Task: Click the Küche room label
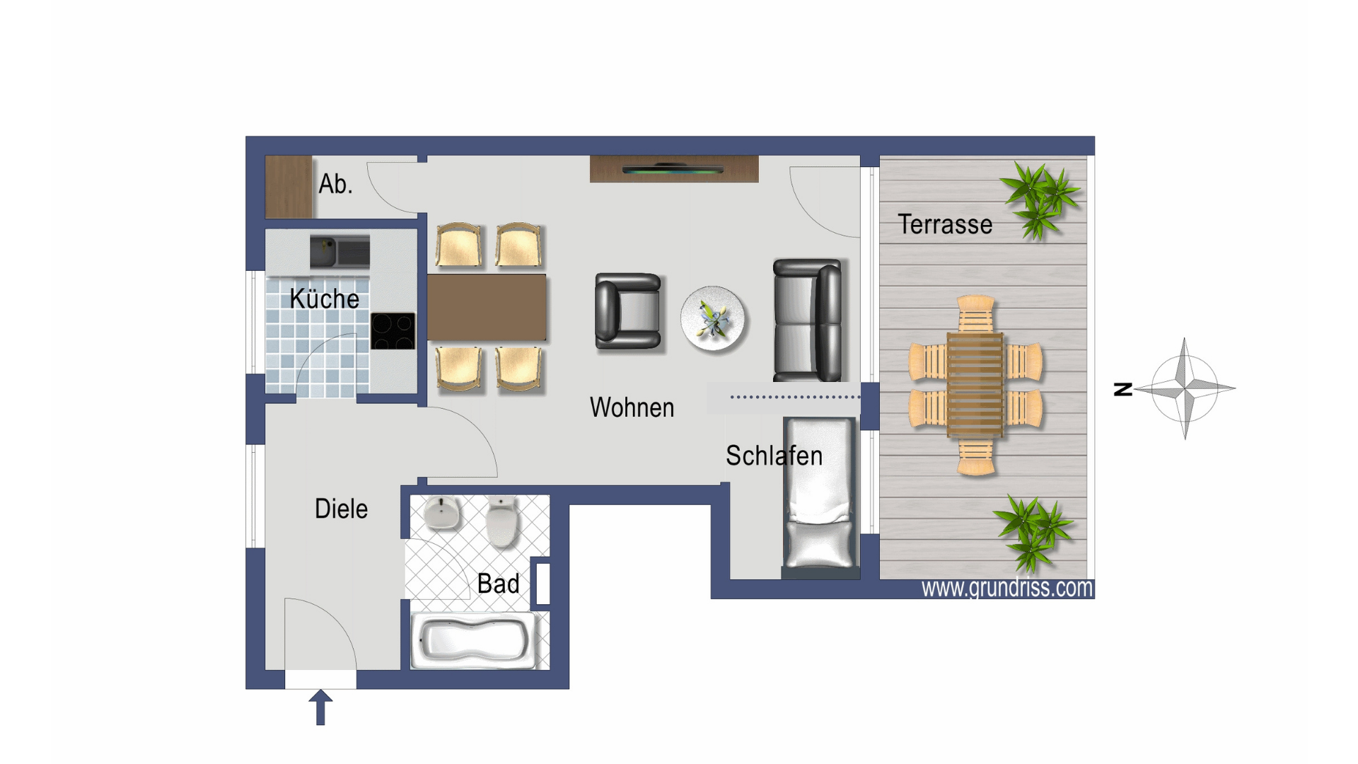click(x=325, y=299)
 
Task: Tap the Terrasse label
click(x=945, y=224)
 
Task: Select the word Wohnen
click(x=632, y=407)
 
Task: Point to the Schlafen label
click(x=774, y=456)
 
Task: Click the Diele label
click(x=341, y=509)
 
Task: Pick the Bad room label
click(x=498, y=584)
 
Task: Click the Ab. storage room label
click(x=335, y=184)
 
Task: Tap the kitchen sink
click(x=339, y=252)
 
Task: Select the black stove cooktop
click(x=393, y=331)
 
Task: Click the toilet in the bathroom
click(x=502, y=521)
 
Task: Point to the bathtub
click(x=473, y=641)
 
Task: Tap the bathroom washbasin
click(x=442, y=513)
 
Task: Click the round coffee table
click(x=713, y=319)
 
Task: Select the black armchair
click(x=628, y=311)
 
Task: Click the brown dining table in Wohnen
click(x=487, y=308)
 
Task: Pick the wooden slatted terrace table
click(x=975, y=384)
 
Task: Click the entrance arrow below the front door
click(x=320, y=707)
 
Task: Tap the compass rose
click(x=1185, y=388)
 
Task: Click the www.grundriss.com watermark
click(x=1007, y=588)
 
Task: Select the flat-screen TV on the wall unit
click(x=673, y=169)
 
